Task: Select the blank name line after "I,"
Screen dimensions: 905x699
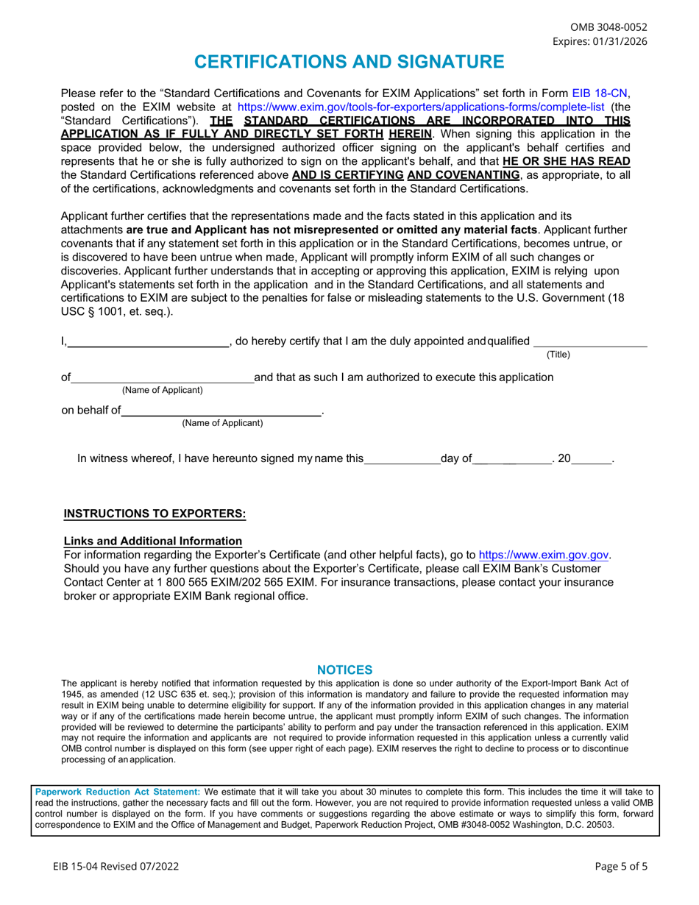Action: point(148,341)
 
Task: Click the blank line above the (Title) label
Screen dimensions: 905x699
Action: point(590,341)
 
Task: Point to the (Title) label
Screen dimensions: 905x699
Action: point(558,355)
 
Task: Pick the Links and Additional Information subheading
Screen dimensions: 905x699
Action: point(153,541)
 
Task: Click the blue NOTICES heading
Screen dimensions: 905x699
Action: point(344,670)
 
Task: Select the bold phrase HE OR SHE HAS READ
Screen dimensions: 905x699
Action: point(567,161)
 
